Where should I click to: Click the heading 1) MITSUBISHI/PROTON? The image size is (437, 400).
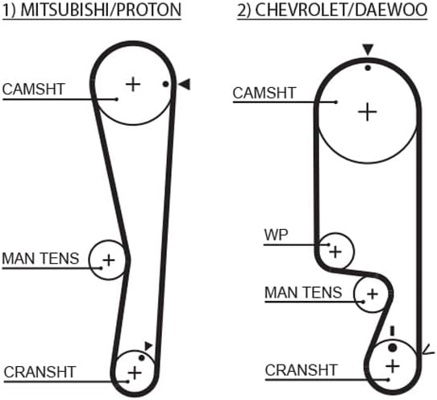(x=92, y=10)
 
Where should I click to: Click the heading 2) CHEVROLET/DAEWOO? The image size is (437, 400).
(x=332, y=10)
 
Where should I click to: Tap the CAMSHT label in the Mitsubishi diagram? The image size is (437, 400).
(x=33, y=90)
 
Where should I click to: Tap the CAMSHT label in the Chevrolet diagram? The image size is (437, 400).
(x=264, y=93)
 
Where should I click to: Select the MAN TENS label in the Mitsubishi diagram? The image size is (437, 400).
(x=40, y=258)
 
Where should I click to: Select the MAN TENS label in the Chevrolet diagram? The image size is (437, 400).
(x=303, y=293)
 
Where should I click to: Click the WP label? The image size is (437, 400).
(x=276, y=235)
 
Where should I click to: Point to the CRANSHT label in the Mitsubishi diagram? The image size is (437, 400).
(x=40, y=372)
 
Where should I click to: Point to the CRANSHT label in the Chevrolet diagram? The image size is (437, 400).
(x=302, y=370)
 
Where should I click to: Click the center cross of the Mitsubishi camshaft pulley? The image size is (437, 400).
(x=133, y=84)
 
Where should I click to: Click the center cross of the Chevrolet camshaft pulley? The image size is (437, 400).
(x=368, y=112)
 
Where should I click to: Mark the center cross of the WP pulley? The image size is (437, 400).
(x=335, y=252)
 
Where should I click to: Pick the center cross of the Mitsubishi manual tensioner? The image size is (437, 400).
(x=109, y=260)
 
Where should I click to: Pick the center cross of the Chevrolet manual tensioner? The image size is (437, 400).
(x=372, y=294)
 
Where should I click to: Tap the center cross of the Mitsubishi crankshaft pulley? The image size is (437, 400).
(x=135, y=373)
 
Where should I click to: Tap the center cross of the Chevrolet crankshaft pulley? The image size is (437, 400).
(x=393, y=366)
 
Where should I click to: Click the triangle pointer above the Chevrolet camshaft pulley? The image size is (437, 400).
(x=368, y=50)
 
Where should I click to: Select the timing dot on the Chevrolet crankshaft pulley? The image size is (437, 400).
(x=393, y=348)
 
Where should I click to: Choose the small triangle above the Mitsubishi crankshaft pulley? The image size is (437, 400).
(x=148, y=346)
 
